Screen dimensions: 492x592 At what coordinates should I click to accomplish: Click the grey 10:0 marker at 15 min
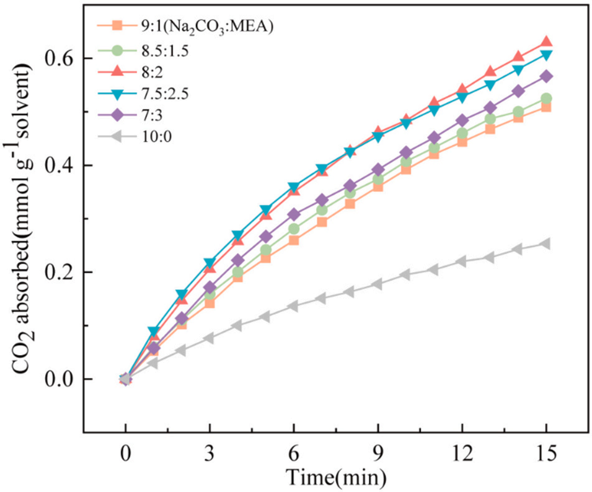click(x=545, y=244)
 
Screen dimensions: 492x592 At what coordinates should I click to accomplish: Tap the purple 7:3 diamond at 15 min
click(x=545, y=76)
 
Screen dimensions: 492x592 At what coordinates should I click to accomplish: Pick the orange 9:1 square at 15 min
click(x=545, y=107)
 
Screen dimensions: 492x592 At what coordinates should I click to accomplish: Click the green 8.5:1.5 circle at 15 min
click(x=545, y=99)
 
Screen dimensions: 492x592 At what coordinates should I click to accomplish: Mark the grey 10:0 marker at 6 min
click(x=293, y=305)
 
